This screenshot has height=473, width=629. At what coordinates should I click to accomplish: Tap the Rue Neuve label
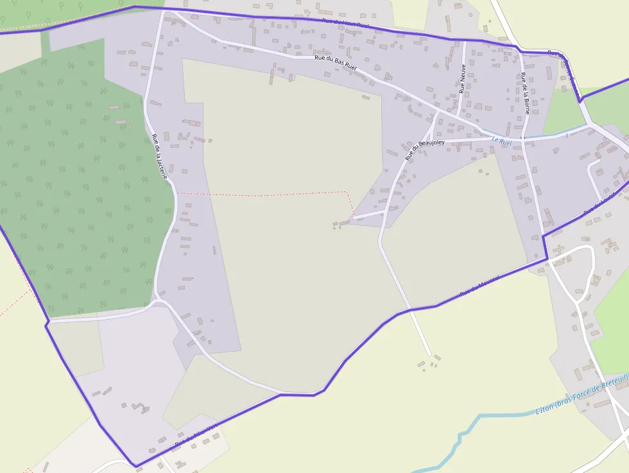tap(462, 79)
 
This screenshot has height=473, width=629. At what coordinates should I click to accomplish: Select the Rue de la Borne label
tap(525, 93)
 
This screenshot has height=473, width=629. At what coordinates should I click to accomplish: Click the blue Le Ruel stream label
tap(501, 141)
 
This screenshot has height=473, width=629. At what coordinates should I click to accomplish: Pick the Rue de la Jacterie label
tap(160, 155)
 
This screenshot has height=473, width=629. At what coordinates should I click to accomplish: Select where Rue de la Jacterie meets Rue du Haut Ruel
tap(165, 10)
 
